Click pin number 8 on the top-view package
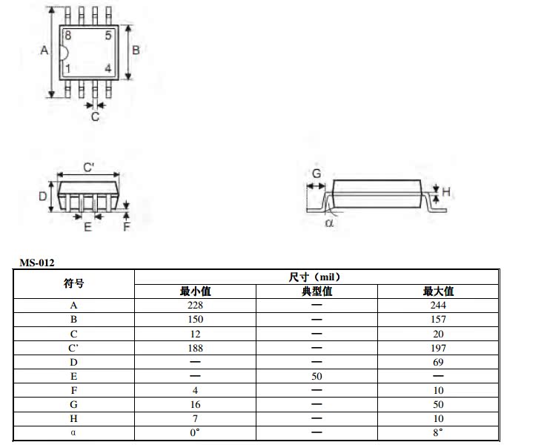click(68, 36)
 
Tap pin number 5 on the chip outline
click(108, 36)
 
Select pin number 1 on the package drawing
click(68, 69)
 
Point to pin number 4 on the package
click(108, 69)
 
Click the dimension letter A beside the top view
click(44, 50)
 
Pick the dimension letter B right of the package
click(136, 50)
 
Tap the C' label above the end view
click(88, 168)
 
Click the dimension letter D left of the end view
click(43, 197)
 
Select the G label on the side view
click(316, 174)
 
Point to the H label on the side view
click(445, 193)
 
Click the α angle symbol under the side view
click(329, 222)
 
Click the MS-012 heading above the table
click(37, 262)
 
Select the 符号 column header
click(74, 283)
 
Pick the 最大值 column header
click(439, 291)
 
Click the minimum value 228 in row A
click(195, 305)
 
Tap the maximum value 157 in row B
click(439, 319)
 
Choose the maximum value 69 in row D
click(439, 361)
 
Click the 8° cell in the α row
click(439, 432)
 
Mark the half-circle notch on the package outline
click(65, 53)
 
